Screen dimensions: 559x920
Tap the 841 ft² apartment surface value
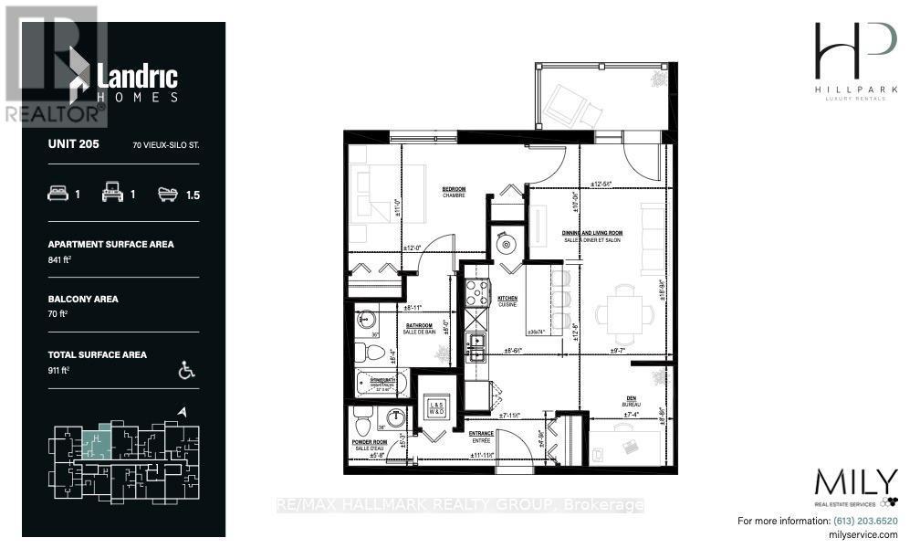pyautogui.click(x=60, y=261)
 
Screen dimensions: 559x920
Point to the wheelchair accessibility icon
pyautogui.click(x=187, y=370)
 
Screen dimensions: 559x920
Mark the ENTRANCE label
pyautogui.click(x=481, y=435)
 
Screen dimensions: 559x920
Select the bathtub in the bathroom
pyautogui.click(x=382, y=384)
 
